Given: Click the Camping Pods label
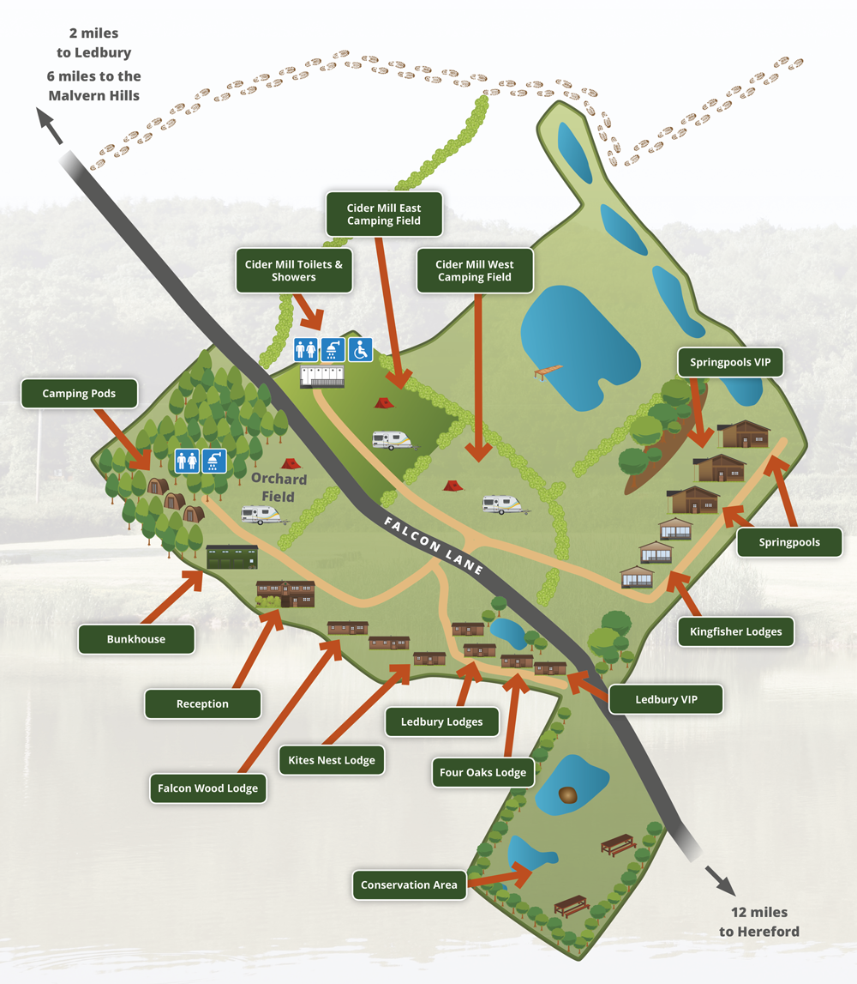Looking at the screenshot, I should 78,394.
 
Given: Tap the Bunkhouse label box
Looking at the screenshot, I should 135,639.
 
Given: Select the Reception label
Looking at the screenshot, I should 202,703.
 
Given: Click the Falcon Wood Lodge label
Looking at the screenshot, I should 207,788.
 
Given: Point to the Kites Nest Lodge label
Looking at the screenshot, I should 332,760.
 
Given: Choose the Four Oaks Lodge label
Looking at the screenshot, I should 482,772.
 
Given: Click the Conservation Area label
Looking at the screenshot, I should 409,885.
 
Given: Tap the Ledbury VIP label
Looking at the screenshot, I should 666,699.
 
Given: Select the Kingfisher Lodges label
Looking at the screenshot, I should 735,632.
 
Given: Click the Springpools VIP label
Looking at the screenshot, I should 730,363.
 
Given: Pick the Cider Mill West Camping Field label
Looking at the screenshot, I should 474,271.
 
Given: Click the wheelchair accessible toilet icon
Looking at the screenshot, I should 361,349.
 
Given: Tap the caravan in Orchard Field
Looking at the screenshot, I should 261,515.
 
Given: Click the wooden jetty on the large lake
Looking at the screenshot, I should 548,371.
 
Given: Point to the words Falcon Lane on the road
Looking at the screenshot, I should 434,546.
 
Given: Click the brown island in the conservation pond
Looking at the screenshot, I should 567,795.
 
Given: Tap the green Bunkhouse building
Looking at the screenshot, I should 231,557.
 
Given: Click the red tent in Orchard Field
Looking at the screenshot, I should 290,463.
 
